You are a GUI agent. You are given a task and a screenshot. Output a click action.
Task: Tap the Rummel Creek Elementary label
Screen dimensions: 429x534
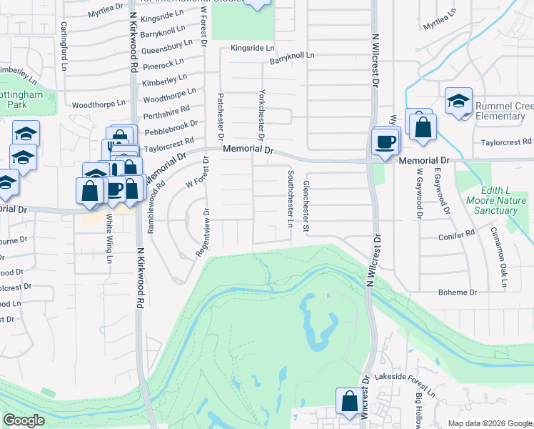(x=500, y=111)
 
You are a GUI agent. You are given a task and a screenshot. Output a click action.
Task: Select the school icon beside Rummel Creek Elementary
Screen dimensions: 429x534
(x=458, y=102)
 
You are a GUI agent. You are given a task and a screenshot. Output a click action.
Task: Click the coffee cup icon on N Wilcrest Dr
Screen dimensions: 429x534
(x=386, y=141)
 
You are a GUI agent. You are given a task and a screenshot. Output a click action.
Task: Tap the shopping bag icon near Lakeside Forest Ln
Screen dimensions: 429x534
(x=350, y=402)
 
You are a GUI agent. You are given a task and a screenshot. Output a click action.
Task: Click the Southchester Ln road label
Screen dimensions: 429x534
(x=290, y=199)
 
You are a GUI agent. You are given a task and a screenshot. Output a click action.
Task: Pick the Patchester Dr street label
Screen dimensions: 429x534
(x=221, y=116)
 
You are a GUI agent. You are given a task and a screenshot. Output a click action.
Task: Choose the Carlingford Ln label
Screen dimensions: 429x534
(x=64, y=46)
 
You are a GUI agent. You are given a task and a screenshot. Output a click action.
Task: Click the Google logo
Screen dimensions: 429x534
(x=24, y=420)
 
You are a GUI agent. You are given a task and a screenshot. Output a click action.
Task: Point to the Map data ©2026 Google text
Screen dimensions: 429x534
(x=489, y=423)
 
